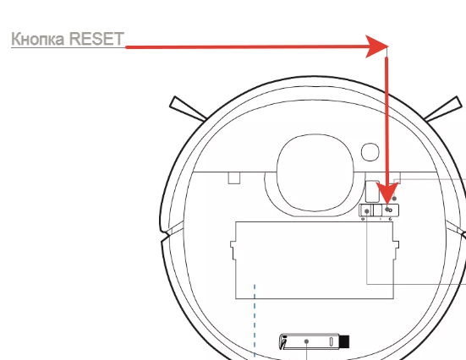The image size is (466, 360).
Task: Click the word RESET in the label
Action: [x=96, y=39]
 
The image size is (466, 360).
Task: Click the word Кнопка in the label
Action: [x=38, y=39]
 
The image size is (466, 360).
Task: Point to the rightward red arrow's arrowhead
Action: [x=376, y=46]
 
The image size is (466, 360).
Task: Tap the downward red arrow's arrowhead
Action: [x=387, y=193]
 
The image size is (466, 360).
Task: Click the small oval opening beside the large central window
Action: [x=370, y=152]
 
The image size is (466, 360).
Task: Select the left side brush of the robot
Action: [x=188, y=109]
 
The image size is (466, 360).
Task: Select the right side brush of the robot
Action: [x=443, y=109]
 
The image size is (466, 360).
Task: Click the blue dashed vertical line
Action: [x=255, y=321]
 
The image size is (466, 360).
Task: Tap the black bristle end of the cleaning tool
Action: [x=344, y=341]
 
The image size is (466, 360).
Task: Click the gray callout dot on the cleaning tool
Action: [x=306, y=341]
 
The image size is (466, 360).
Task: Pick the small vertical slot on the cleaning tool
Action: [x=331, y=341]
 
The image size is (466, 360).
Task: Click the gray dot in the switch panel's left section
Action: [x=367, y=211]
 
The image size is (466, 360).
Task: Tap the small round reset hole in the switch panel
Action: [x=391, y=210]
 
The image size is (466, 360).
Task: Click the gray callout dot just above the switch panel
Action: [x=394, y=198]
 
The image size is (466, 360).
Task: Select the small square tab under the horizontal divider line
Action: [x=234, y=178]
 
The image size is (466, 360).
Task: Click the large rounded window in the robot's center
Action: [x=315, y=172]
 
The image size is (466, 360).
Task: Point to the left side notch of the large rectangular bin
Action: [x=233, y=249]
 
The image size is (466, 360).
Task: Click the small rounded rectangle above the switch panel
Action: [x=372, y=191]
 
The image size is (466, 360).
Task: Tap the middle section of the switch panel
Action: [x=377, y=210]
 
